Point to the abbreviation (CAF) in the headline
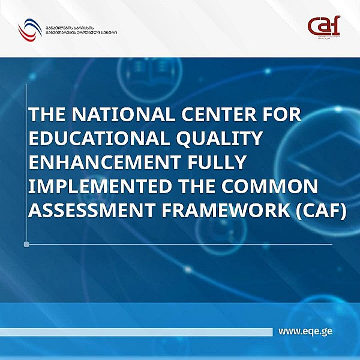[313, 211]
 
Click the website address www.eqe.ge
[305, 331]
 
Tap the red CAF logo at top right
[323, 26]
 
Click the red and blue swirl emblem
[28, 28]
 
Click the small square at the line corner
[26, 244]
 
